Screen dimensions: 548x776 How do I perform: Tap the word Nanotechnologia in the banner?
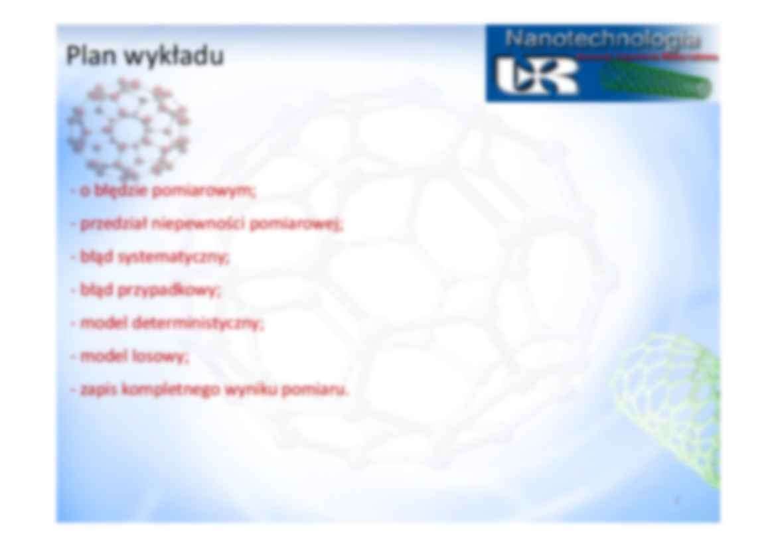coord(602,39)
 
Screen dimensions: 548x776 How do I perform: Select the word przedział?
coord(114,224)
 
